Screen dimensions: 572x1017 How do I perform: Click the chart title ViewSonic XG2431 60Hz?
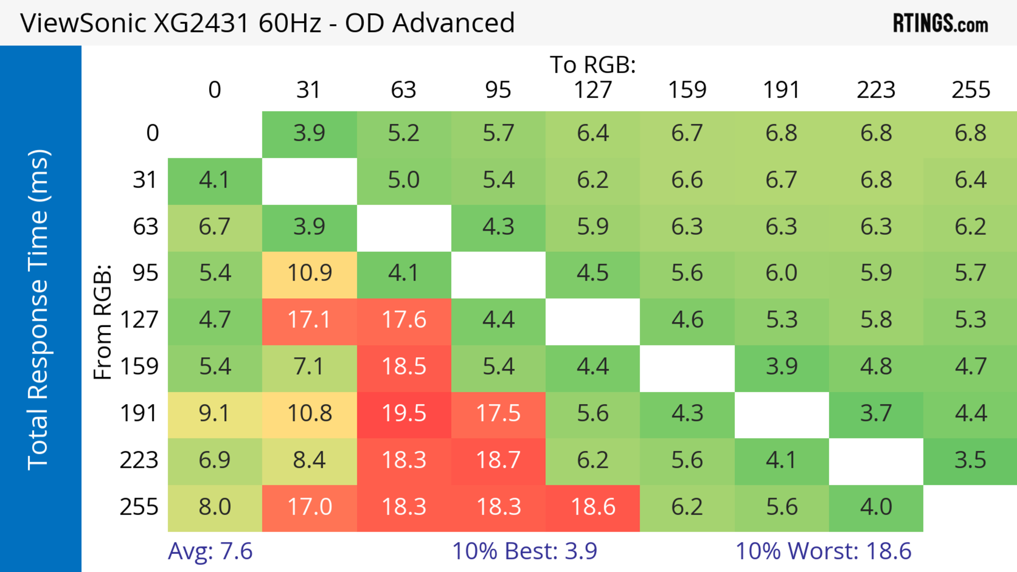tap(267, 22)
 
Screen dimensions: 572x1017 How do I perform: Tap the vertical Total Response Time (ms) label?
tap(38, 310)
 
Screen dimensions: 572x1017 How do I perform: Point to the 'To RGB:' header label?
tap(593, 64)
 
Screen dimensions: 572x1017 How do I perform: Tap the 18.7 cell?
tap(498, 460)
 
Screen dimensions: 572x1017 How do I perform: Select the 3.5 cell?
tap(970, 460)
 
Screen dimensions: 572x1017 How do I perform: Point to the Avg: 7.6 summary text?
tap(210, 551)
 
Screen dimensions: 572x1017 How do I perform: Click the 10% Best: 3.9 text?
tap(524, 551)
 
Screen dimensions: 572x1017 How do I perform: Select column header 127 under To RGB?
tap(593, 90)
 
